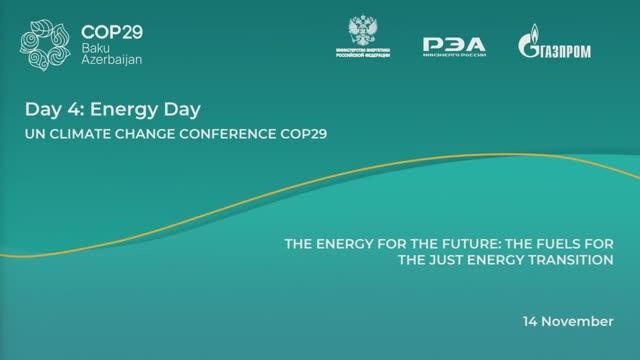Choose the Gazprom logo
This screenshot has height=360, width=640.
pos(556,44)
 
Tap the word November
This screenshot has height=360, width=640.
pos(581,322)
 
